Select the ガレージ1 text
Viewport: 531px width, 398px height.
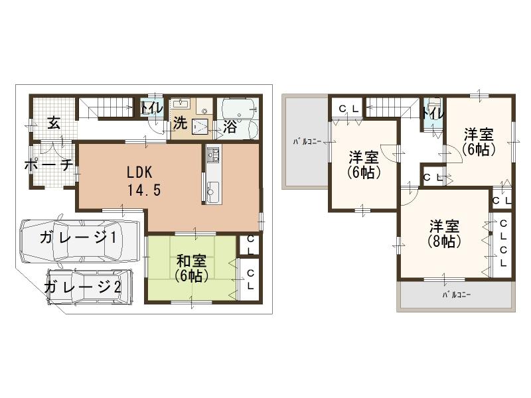(x=78, y=239)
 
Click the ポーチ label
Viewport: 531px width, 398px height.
(x=48, y=166)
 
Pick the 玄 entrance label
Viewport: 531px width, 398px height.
(x=53, y=123)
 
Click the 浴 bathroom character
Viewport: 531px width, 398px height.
(x=230, y=126)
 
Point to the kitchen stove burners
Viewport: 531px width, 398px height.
(x=214, y=157)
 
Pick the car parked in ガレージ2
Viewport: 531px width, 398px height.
(x=90, y=286)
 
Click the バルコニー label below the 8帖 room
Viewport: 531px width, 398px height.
(x=457, y=295)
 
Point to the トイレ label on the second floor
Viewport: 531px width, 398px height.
(x=433, y=113)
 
